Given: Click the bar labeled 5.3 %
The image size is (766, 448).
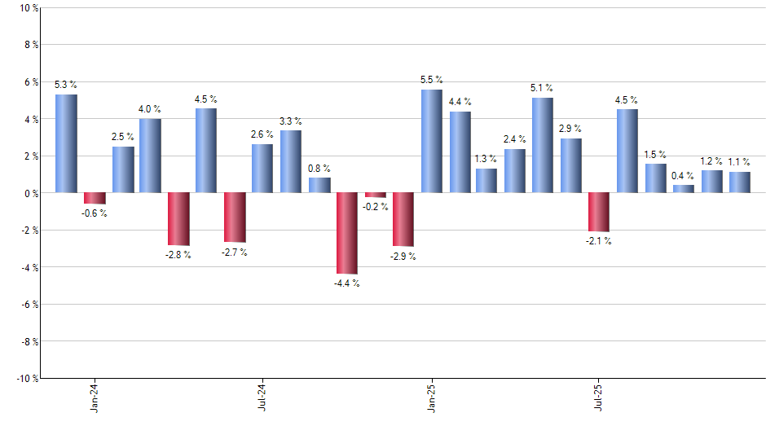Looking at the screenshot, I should coord(66,143).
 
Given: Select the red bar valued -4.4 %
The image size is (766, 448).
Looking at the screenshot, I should coord(347,233).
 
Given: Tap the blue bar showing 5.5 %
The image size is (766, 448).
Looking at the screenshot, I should coord(431,141).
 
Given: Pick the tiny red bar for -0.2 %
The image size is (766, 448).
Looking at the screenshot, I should coord(375,195).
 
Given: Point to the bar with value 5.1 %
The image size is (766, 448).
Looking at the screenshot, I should coord(543,145).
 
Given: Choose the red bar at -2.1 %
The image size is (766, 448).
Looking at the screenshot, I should coord(599,212).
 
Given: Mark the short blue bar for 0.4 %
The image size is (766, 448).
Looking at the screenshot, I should coord(684,189).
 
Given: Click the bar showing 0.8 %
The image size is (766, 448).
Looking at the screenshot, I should coord(319,185).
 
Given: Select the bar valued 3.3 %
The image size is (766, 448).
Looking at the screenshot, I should coord(291,161).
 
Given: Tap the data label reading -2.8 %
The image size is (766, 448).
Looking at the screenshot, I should coord(178,255).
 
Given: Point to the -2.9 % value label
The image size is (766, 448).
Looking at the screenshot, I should coord(403,257).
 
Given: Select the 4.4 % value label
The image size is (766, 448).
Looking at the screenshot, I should coord(460,101).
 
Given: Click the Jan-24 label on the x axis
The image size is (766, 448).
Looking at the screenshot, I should coord(95,397).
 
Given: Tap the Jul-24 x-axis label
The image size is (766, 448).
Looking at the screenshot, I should coord(262,397).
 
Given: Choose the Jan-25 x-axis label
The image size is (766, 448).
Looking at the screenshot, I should coord(431,397).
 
